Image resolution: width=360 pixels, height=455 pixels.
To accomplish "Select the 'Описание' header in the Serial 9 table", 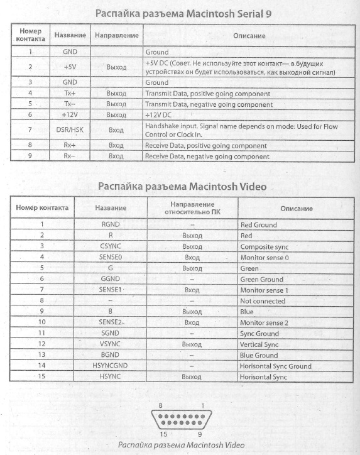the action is click(x=249, y=36).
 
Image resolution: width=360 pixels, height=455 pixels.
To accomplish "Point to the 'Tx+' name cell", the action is click(x=70, y=93).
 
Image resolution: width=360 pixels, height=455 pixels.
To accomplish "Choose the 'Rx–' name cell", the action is click(x=70, y=156).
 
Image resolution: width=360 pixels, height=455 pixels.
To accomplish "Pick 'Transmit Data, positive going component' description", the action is click(x=207, y=93).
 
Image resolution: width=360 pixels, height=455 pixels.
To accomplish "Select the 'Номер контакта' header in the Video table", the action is click(x=42, y=208).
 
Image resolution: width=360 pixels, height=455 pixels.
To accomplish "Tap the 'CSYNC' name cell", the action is click(x=111, y=246).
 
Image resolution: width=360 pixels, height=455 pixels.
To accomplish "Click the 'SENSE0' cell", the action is click(x=111, y=257).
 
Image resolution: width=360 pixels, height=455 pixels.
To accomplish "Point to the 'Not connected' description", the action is click(x=263, y=301).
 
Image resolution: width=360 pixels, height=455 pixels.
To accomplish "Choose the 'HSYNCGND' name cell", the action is click(x=111, y=366).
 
